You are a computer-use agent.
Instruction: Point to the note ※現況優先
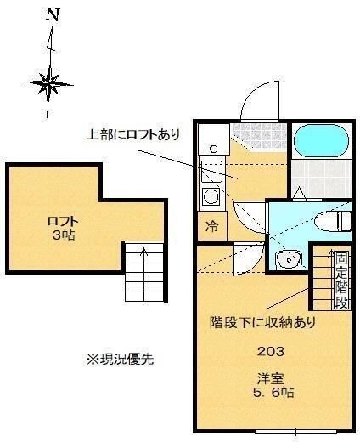(x=120, y=359)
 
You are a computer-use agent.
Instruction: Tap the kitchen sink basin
(x=211, y=168)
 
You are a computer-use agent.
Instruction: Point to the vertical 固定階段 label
(x=340, y=280)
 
